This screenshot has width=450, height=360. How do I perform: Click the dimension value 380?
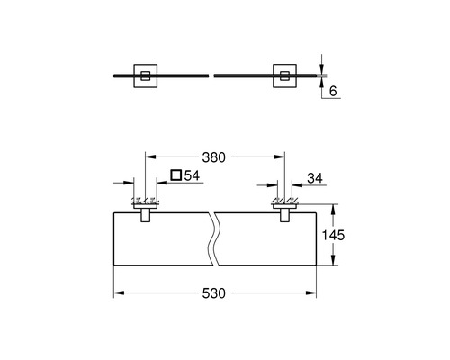(213, 157)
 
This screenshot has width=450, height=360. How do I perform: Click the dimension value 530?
(213, 293)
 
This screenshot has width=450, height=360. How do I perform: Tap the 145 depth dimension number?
(333, 235)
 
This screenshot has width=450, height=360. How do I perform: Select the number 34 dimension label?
(315, 178)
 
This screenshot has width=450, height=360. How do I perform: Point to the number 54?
(192, 175)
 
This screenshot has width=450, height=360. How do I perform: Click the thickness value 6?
(333, 91)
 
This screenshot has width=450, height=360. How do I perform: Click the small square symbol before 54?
(176, 175)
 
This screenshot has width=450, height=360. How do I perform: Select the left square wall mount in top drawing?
(146, 76)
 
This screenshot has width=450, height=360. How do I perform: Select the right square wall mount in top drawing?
(284, 76)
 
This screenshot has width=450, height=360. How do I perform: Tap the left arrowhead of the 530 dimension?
(119, 292)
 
